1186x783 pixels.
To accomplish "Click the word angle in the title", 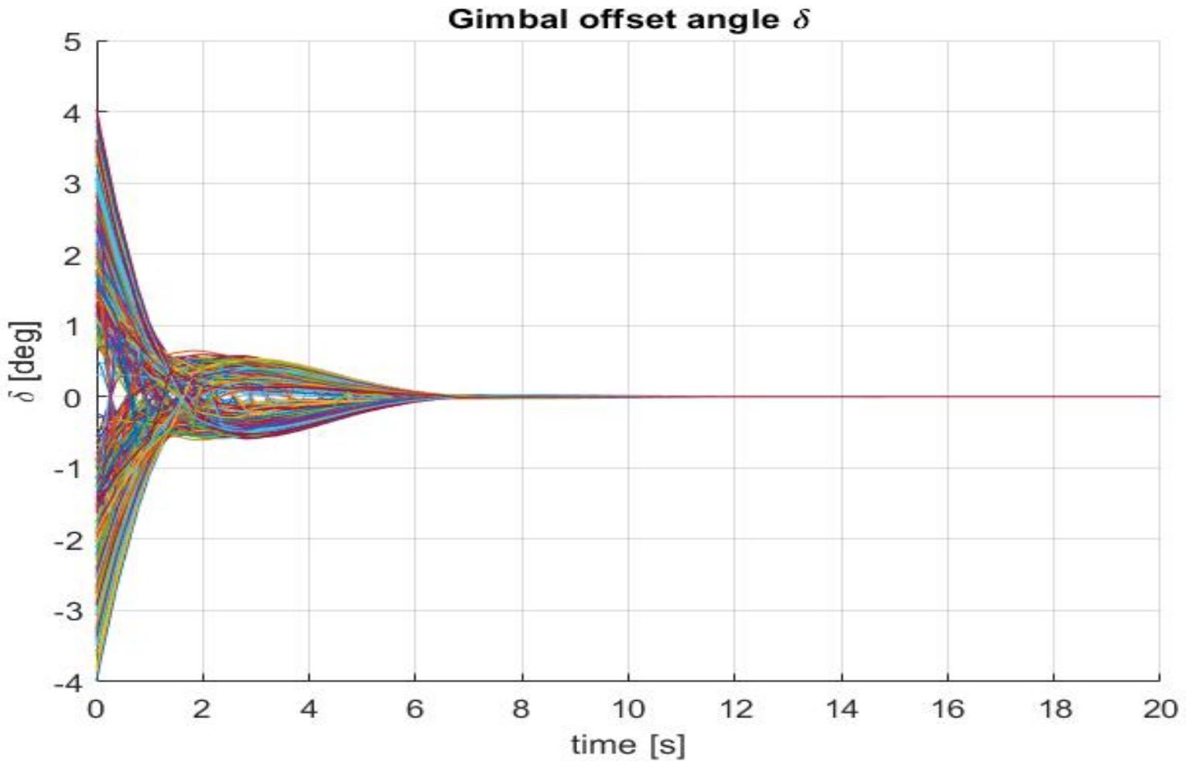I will pos(735,19).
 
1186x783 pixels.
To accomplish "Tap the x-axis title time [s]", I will pos(627,745).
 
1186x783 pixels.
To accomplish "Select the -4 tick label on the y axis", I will pos(67,682).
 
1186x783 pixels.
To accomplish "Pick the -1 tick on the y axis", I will pos(67,469).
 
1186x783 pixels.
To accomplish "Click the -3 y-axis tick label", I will pos(67,611).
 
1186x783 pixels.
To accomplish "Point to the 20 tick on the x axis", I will pos(1159,709).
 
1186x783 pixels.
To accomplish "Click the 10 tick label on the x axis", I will pos(627,709).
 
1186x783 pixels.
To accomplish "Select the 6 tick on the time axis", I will pos(415,709).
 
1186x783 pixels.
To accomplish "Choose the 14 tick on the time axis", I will pos(841,709).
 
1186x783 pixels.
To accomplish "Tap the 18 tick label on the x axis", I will pos(1053,709).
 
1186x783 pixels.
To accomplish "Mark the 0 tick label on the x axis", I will pos(97,709).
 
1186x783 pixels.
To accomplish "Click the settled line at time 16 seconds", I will pos(947,397).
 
